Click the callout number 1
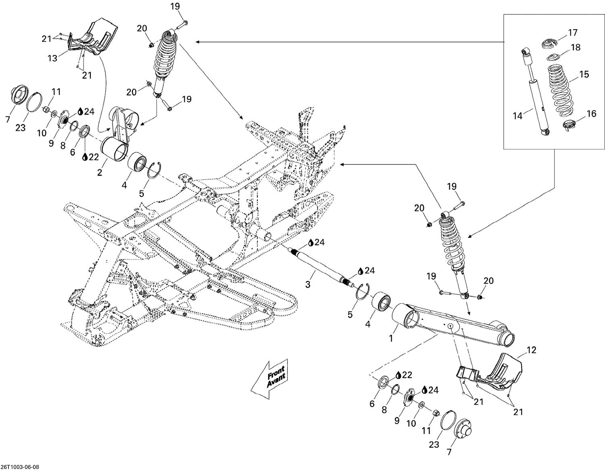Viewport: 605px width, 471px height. (x=390, y=339)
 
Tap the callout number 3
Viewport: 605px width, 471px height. (x=308, y=284)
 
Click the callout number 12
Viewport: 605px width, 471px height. (x=532, y=350)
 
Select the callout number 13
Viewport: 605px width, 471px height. (x=52, y=58)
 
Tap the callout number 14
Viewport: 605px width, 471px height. (x=517, y=116)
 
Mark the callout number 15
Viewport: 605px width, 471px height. (x=584, y=74)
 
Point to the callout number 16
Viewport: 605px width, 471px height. (x=591, y=114)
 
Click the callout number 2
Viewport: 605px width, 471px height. (x=99, y=173)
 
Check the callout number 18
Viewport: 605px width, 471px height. (x=576, y=47)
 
